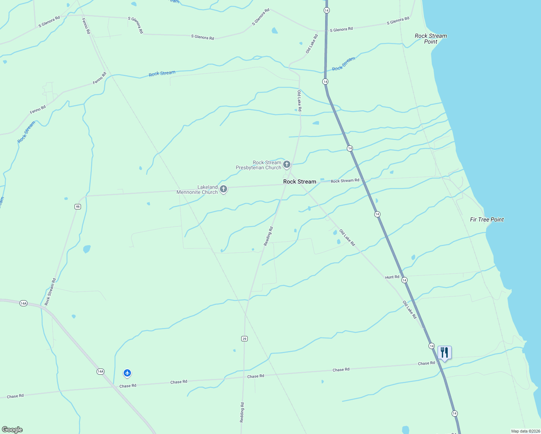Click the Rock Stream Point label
tap(430, 39)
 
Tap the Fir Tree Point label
tap(486, 220)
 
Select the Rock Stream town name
tap(299, 182)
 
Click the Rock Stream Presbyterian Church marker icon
tap(287, 165)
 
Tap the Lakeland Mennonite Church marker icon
tap(223, 189)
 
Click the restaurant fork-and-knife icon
tap(444, 352)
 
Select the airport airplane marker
tap(127, 373)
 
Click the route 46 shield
tap(78, 207)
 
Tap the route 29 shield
tap(244, 339)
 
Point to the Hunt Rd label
tap(392, 277)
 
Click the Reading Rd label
tap(268, 236)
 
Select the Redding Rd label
tap(242, 412)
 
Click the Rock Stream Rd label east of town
tap(345, 180)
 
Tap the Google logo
tap(12, 430)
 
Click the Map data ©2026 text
tap(525, 431)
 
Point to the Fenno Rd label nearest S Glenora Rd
tap(86, 26)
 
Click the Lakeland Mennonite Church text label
tap(197, 190)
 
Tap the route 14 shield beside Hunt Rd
tap(404, 280)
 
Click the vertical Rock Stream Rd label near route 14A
tap(50, 292)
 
